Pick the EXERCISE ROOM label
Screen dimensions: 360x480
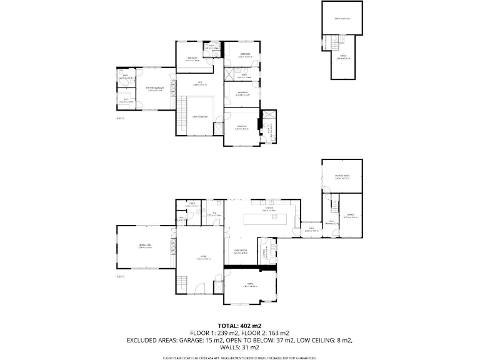[x=341, y=176]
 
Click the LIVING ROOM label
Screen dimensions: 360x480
[x=145, y=246]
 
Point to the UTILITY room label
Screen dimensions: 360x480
[x=191, y=204]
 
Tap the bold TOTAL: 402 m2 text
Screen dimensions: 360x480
[x=239, y=326]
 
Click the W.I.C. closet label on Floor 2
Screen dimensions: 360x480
[x=126, y=100]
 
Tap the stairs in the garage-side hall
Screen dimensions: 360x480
[x=334, y=203]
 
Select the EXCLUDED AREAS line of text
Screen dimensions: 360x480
[x=239, y=341]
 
